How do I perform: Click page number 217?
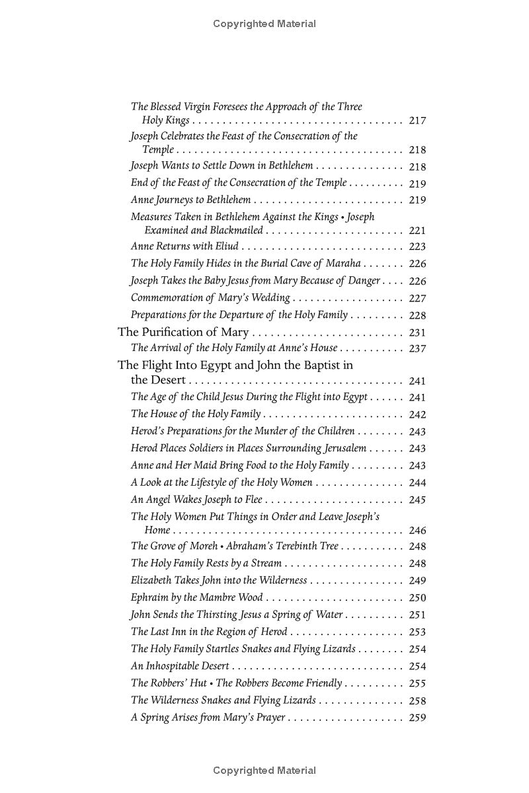tap(417, 121)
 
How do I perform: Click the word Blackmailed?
tap(237, 231)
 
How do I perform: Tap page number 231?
tap(417, 333)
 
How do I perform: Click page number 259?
tap(417, 718)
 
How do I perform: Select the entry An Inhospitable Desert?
tap(180, 666)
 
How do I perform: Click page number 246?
tap(417, 530)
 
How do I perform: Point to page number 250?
tap(417, 598)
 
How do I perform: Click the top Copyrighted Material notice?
tap(264, 24)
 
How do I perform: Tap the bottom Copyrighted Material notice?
tap(264, 771)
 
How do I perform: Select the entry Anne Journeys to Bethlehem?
tap(190, 200)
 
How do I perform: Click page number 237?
tap(417, 349)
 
